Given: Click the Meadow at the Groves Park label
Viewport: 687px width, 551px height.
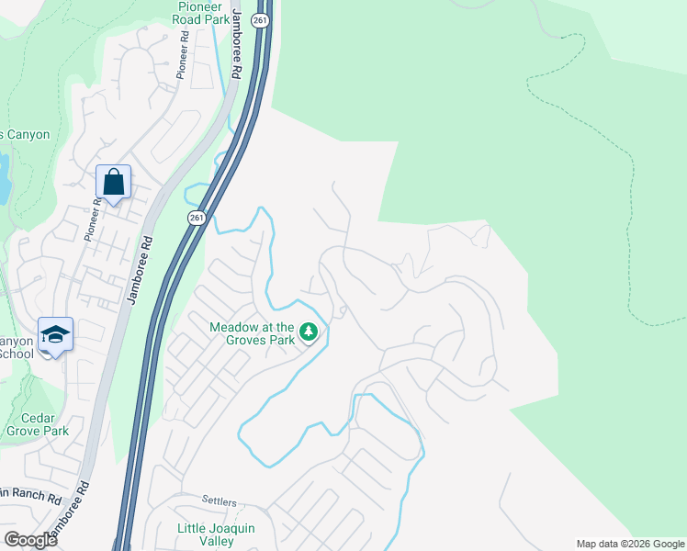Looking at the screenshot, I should pos(253,332).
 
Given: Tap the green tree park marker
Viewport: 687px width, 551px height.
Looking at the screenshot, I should pos(310,332).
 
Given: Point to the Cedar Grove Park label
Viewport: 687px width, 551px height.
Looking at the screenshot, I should pos(38,422).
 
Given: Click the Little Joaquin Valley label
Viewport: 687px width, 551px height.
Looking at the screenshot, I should pos(216,534).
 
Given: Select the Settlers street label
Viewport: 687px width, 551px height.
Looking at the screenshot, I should pos(220,502).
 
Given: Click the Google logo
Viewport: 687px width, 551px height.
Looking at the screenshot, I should pos(30,540).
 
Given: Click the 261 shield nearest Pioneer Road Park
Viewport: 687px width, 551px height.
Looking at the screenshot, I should pos(261,21).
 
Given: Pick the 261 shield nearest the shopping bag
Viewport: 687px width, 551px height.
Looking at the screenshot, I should pos(196,217).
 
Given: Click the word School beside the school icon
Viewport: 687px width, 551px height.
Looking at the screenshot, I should pos(16,354).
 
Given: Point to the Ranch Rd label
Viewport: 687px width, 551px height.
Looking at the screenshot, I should pos(32,497).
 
